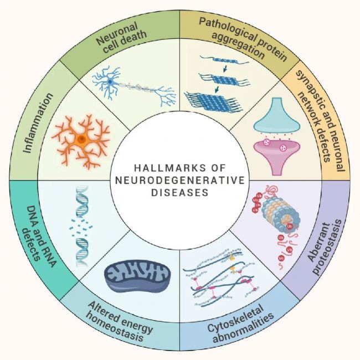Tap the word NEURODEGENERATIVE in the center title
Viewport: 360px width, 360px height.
(180, 180)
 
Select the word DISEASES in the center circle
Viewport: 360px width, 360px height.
(180, 193)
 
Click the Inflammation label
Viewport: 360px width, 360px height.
(38, 123)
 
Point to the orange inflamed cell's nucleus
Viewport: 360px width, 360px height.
(81, 139)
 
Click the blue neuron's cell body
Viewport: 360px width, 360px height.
(110, 81)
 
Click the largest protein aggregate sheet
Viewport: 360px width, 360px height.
(213, 101)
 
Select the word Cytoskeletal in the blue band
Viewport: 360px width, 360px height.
(235, 318)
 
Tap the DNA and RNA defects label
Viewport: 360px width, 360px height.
(39, 236)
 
